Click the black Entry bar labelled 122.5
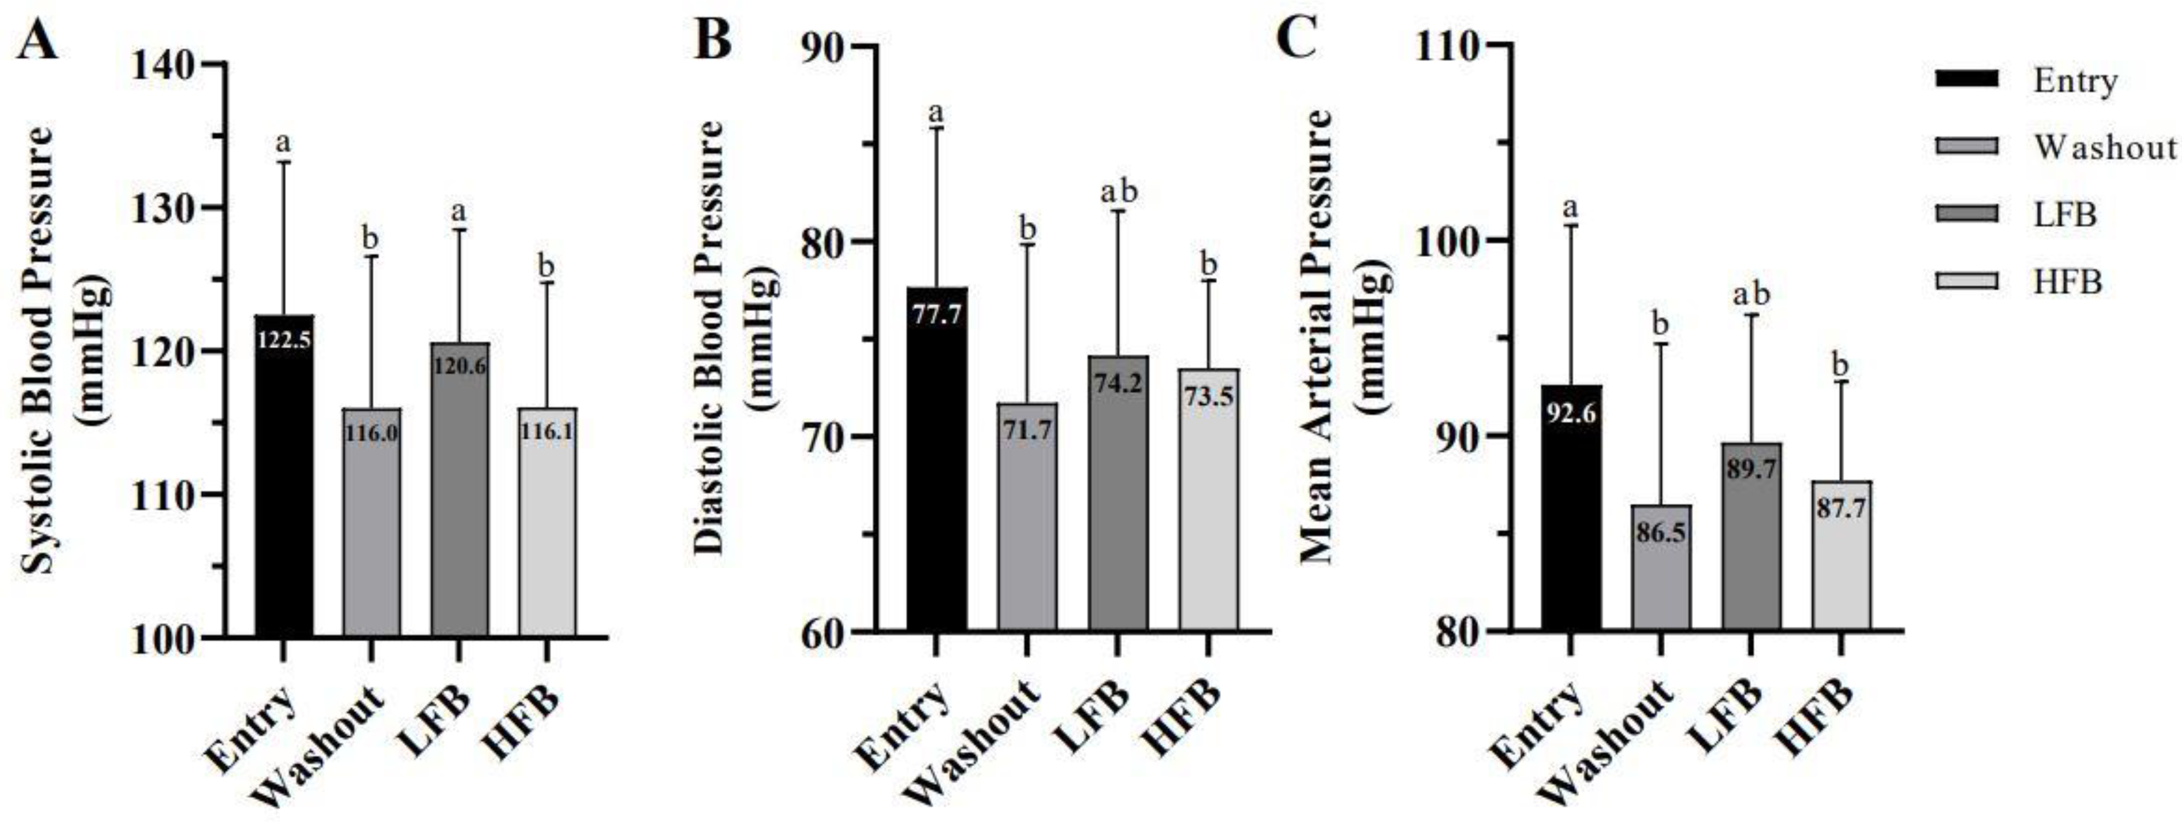pyautogui.click(x=284, y=491)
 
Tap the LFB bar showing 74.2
pyautogui.click(x=1118, y=508)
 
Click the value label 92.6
pyautogui.click(x=1570, y=416)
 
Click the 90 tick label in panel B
pyautogui.click(x=820, y=46)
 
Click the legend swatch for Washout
pyautogui.click(x=1966, y=146)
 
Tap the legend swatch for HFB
pyautogui.click(x=1966, y=280)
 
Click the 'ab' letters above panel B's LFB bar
pyautogui.click(x=1118, y=192)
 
